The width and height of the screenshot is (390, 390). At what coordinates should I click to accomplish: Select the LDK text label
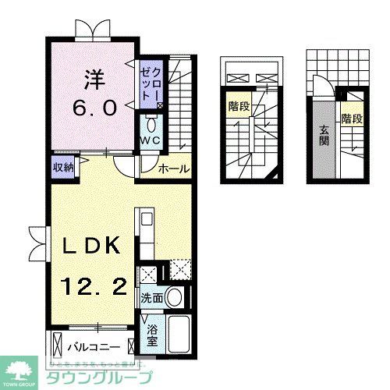[90, 248]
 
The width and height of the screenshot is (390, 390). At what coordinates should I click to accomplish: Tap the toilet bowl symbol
[151, 125]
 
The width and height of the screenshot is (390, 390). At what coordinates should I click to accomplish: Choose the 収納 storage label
[63, 168]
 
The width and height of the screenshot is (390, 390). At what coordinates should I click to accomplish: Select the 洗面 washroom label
[151, 298]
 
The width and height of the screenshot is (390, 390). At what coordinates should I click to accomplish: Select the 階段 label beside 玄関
[352, 119]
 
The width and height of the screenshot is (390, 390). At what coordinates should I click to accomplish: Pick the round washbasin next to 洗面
[175, 298]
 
